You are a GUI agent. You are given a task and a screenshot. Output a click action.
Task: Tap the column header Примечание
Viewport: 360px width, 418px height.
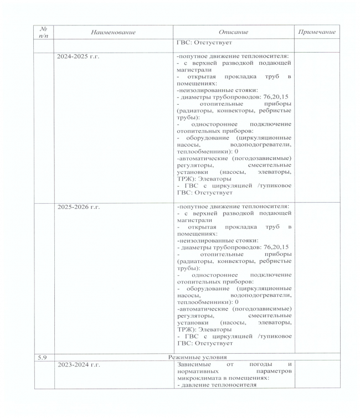[x=317, y=32]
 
